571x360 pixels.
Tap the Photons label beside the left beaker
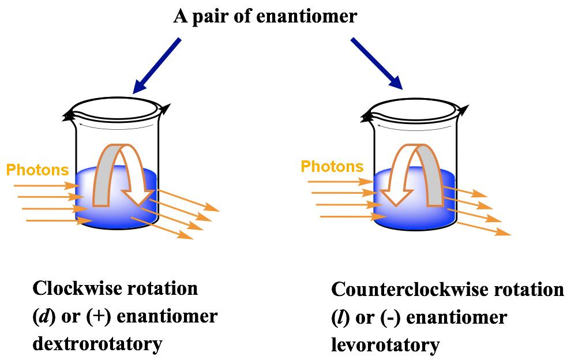click(37, 170)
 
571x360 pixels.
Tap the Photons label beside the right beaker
click(332, 167)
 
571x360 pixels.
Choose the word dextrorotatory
click(97, 344)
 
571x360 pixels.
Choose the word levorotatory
click(385, 345)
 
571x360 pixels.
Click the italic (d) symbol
click(43, 317)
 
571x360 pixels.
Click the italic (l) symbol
click(339, 317)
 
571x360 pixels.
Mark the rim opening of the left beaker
click(115, 108)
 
